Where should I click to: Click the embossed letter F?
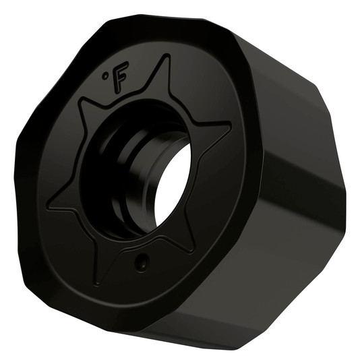tap(119, 78)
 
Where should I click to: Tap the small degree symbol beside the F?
tap(105, 75)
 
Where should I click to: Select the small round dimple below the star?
tap(142, 261)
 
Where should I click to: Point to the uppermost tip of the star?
tap(167, 56)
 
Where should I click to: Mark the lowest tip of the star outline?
tap(96, 284)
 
